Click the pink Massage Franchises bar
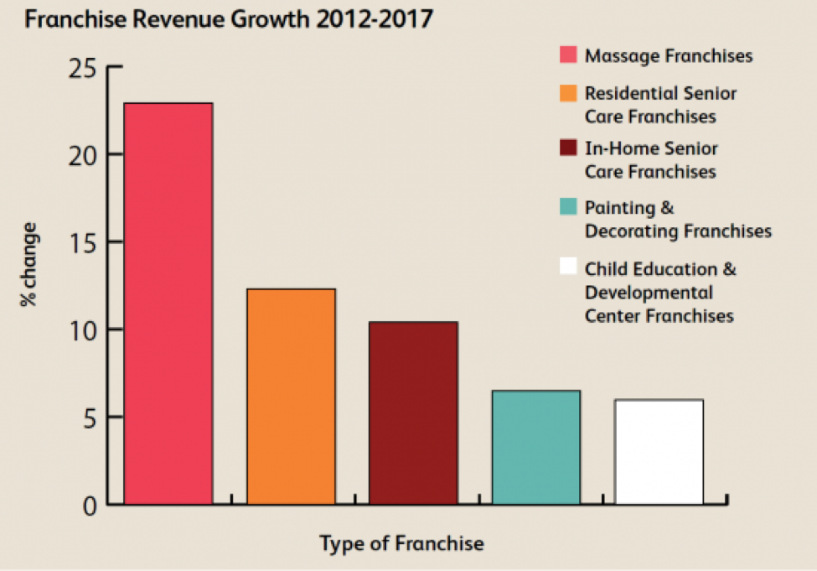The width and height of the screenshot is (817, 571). pos(168,304)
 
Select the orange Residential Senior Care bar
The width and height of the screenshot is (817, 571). pos(291,397)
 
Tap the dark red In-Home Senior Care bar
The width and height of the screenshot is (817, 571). pos(413,413)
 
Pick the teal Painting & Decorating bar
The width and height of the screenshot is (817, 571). pos(535,448)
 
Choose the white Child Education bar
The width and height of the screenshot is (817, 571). pos(659,452)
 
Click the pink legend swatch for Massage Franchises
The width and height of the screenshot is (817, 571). pos(568,56)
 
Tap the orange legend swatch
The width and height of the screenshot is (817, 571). pos(568,93)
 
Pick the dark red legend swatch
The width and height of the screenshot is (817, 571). pos(568,149)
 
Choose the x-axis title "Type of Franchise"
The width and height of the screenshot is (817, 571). pos(401,543)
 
